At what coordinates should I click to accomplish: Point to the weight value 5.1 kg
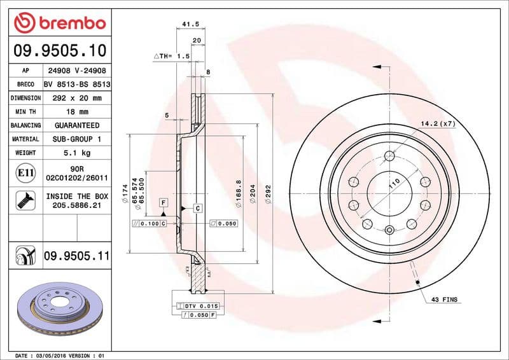76,153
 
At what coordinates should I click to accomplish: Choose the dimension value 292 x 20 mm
76,98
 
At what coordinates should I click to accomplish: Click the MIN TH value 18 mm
76,112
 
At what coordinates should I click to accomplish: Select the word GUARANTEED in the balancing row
76,125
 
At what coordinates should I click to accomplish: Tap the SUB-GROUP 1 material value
76,139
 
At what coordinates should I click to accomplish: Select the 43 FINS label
445,299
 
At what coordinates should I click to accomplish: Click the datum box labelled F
164,202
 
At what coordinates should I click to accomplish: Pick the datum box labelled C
198,208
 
